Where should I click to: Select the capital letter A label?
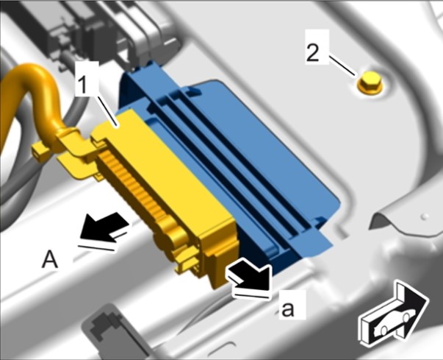coord(50,260)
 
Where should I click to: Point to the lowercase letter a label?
coord(287,309)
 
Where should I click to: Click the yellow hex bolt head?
coord(370,82)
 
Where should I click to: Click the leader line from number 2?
coord(342,66)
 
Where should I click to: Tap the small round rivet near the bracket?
coord(424,216)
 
